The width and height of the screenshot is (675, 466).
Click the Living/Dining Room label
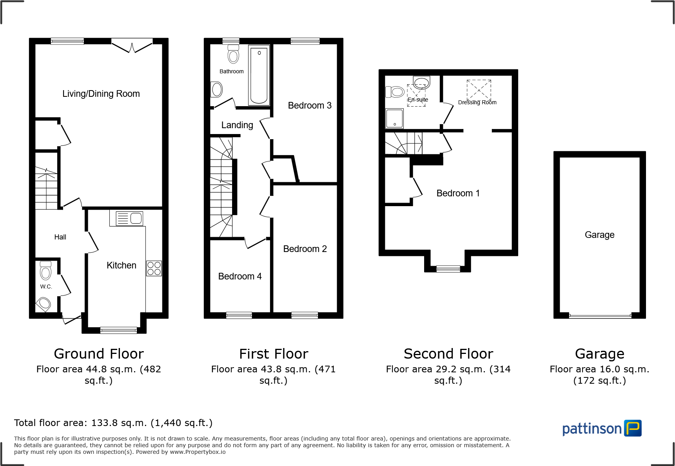[101, 94]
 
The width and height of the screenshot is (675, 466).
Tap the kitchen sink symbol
[130, 218]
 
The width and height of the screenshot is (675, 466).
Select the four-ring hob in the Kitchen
[154, 268]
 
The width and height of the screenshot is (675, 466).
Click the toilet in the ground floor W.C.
[45, 271]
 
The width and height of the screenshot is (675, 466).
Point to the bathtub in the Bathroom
[259, 75]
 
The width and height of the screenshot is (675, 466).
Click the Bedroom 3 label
[310, 105]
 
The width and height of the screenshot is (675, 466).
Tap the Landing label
[237, 125]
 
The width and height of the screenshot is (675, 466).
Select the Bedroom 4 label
[240, 276]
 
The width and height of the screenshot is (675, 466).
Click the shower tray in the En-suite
[394, 118]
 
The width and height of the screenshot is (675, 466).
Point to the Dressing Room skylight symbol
[479, 90]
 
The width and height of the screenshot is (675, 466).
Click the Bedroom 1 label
[458, 193]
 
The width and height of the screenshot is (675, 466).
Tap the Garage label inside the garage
[599, 235]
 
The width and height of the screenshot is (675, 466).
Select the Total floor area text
[113, 423]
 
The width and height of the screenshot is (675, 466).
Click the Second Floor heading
[448, 354]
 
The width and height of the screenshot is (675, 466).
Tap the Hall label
[60, 237]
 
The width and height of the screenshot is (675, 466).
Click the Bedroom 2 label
[305, 249]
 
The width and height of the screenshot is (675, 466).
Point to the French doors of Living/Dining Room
[132, 45]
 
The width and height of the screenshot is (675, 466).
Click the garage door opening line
[600, 316]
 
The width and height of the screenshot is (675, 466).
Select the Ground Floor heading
[99, 354]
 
